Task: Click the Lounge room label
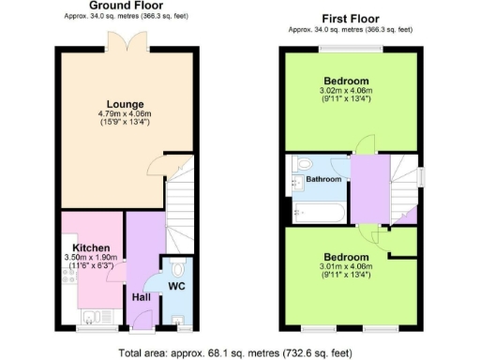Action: pyautogui.click(x=124, y=104)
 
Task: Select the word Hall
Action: pyautogui.click(x=141, y=297)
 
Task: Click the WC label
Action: pyautogui.click(x=175, y=284)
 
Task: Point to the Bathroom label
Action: pyautogui.click(x=323, y=178)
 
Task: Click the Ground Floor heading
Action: pyautogui.click(x=121, y=6)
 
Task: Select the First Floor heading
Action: pyautogui.click(x=351, y=18)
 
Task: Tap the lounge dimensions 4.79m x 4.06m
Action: pyautogui.click(x=124, y=114)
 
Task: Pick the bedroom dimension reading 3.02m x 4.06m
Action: pyautogui.click(x=346, y=89)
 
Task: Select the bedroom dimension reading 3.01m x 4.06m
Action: pyautogui.click(x=346, y=267)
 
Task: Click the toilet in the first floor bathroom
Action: pyautogui.click(x=300, y=165)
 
